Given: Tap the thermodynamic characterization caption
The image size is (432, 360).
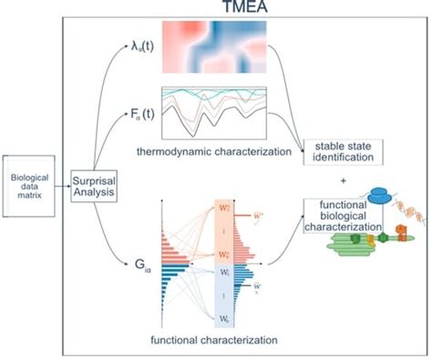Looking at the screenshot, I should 216,149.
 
